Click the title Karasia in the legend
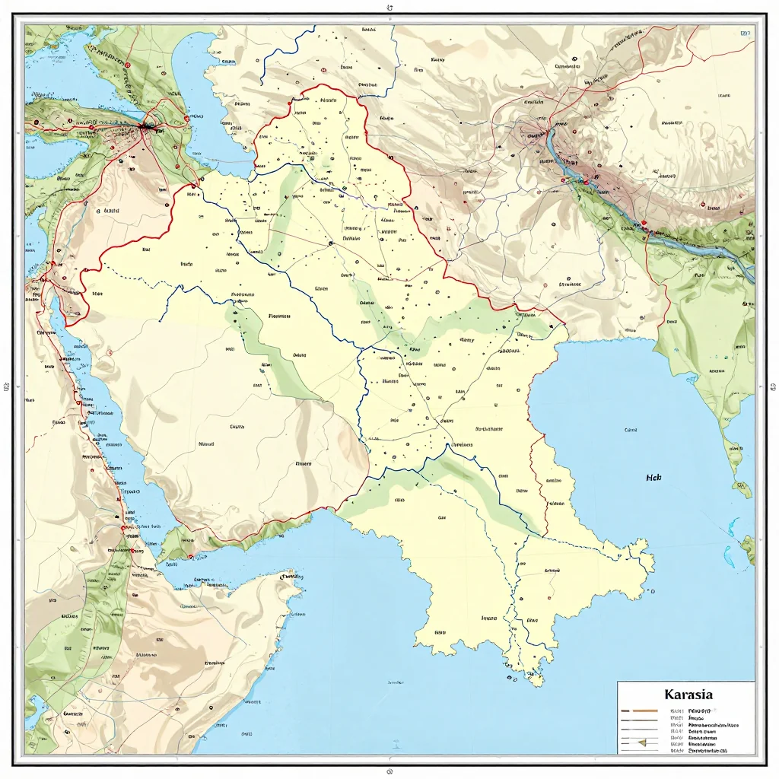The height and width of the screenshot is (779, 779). (688, 695)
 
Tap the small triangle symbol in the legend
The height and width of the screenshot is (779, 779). (641, 742)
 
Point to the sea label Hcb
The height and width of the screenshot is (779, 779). (653, 479)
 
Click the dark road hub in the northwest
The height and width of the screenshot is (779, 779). (145, 127)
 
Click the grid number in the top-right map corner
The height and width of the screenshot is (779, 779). (745, 34)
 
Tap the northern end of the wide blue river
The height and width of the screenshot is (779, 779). (554, 131)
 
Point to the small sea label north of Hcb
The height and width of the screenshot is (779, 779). (630, 430)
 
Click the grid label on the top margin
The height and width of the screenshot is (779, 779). (389, 8)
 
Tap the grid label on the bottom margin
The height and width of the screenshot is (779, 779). (389, 771)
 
